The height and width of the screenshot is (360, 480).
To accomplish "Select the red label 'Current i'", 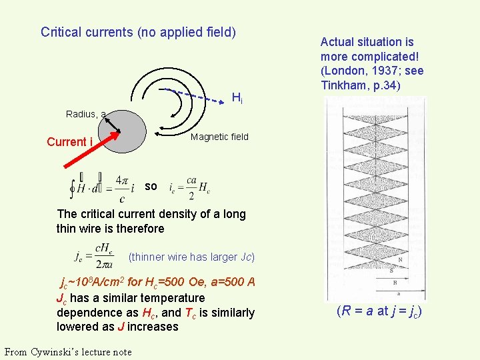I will (69, 142).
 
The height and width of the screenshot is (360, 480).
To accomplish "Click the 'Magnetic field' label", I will (219, 137).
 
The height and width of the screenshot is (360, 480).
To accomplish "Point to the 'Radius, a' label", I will (85, 114).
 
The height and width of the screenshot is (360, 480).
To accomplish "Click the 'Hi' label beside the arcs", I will (237, 99).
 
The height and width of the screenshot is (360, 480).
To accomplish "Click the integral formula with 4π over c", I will (99, 186).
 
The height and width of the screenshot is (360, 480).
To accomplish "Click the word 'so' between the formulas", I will (151, 187).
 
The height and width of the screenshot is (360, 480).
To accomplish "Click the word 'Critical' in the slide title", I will (61, 32).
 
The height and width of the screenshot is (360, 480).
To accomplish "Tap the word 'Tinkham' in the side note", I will (341, 85).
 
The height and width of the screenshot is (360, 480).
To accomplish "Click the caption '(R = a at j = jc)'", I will (379, 311).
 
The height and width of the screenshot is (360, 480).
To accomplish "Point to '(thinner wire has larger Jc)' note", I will (192, 257).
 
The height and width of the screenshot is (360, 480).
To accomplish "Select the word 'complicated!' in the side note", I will (386, 56).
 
